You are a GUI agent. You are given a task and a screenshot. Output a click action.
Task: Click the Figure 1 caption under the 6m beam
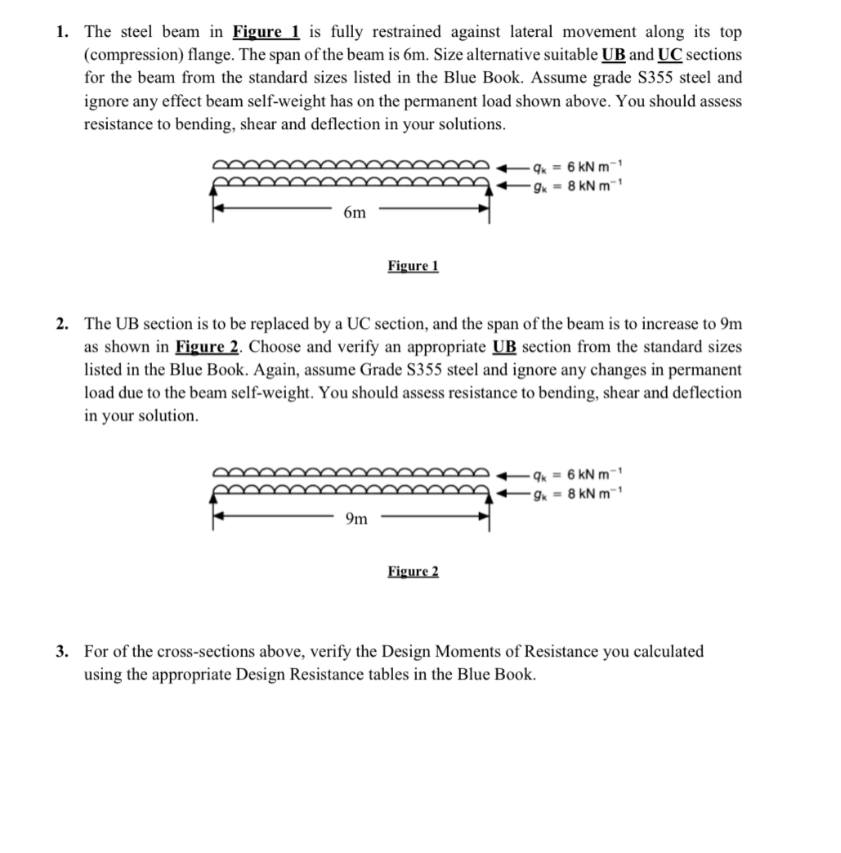[413, 266]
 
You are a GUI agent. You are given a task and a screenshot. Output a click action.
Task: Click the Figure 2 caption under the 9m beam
[413, 571]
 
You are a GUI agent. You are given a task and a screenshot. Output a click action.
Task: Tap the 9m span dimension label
[356, 518]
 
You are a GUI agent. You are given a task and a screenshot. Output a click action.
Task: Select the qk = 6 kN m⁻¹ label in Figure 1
[577, 167]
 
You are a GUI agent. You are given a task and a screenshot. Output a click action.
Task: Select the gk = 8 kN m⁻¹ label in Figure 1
[577, 186]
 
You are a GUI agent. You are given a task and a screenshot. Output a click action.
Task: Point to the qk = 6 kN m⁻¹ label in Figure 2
[577, 474]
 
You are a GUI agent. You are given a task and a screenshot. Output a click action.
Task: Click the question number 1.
[62, 32]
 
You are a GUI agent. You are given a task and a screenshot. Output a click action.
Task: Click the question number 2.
[62, 323]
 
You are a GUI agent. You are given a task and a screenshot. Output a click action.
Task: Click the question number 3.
[62, 652]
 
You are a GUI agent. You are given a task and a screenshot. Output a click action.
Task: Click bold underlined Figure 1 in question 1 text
[266, 32]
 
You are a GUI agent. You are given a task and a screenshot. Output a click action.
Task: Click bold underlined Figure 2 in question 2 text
[206, 346]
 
